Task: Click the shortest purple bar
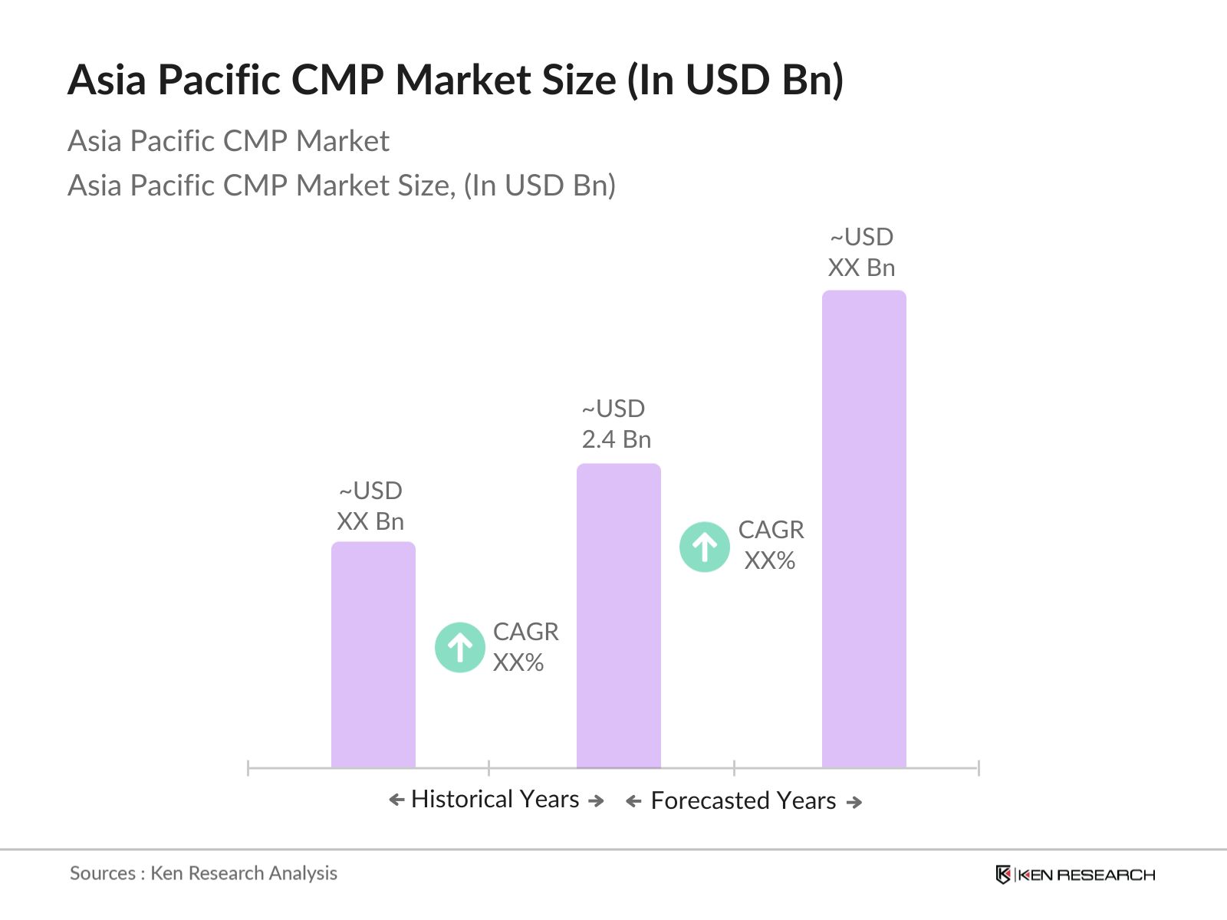373,655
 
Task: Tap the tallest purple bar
864,528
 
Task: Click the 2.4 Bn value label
616,439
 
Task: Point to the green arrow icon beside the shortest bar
460,648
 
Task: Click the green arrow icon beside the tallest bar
705,547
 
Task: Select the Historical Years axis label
495,800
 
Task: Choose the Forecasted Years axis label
743,801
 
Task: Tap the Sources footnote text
203,873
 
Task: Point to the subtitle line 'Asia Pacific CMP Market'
229,141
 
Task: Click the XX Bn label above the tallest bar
861,268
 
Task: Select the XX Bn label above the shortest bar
370,521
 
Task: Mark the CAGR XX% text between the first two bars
525,647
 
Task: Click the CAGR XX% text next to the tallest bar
771,545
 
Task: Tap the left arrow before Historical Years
396,800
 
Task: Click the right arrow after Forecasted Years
854,803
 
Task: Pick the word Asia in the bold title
107,80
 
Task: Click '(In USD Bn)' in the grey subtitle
540,186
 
